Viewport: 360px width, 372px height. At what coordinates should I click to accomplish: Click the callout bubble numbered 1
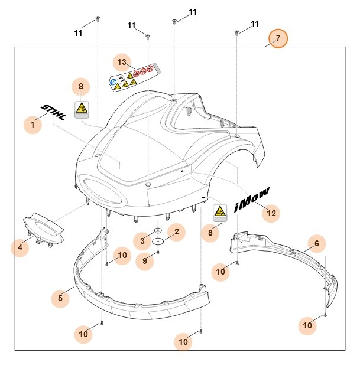click(x=33, y=125)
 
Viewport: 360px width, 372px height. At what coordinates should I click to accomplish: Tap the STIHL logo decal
click(x=53, y=112)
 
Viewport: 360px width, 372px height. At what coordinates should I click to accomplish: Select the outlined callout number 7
click(x=278, y=39)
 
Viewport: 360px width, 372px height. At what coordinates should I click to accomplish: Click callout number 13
click(x=122, y=63)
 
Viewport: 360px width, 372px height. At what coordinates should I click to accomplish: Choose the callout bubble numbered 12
click(x=271, y=213)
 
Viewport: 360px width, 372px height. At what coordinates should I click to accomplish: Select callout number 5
click(x=60, y=299)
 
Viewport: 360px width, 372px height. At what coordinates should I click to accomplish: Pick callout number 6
click(x=316, y=243)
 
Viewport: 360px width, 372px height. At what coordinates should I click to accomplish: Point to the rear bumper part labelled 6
click(x=284, y=260)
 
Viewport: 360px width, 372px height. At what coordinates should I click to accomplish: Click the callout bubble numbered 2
click(x=176, y=232)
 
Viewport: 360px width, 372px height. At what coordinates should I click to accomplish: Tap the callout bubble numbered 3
click(x=142, y=240)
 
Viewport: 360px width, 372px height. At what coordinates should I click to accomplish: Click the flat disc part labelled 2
click(x=158, y=241)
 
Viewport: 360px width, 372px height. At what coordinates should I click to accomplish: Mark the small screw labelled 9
click(x=158, y=252)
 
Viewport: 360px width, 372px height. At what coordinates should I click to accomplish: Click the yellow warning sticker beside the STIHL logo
click(x=82, y=109)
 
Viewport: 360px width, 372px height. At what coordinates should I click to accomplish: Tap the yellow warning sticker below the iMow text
click(x=220, y=213)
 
